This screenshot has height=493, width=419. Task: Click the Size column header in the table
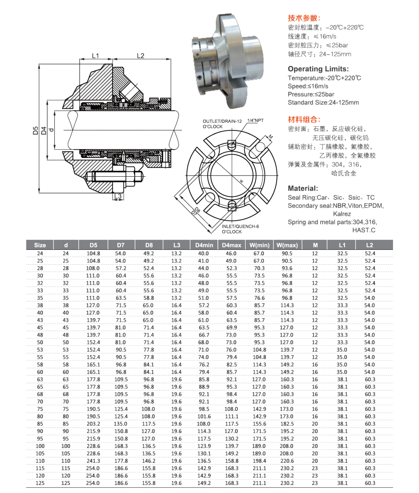click(40, 245)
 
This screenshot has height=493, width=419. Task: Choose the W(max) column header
click(287, 245)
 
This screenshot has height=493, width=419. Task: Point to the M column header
click(315, 245)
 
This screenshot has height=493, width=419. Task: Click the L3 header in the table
click(176, 245)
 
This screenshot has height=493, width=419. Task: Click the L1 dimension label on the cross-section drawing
click(95, 56)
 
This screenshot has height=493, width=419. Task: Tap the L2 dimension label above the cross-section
click(140, 56)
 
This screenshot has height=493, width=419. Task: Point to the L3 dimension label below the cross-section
click(119, 196)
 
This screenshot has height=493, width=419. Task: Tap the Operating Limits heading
click(318, 68)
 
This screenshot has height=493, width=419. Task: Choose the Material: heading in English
click(303, 188)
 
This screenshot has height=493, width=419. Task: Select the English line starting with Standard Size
click(323, 103)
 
